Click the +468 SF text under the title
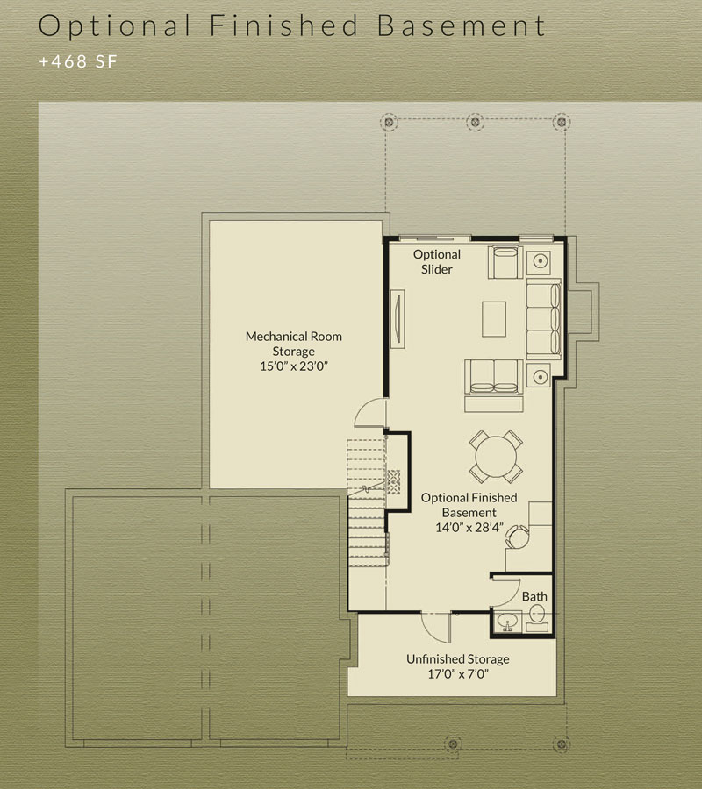pyautogui.click(x=78, y=61)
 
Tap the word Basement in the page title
pyautogui.click(x=462, y=25)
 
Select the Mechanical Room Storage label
pyautogui.click(x=294, y=344)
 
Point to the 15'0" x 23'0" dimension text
pyautogui.click(x=294, y=366)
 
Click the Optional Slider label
pyautogui.click(x=437, y=261)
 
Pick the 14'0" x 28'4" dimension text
pyautogui.click(x=469, y=528)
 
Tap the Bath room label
pyautogui.click(x=534, y=596)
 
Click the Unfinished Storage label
pyautogui.click(x=458, y=658)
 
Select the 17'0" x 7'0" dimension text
pyautogui.click(x=458, y=674)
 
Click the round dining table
pyautogui.click(x=496, y=457)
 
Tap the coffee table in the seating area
pyautogui.click(x=494, y=319)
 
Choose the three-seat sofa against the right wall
pyautogui.click(x=544, y=319)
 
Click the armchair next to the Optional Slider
pyautogui.click(x=505, y=261)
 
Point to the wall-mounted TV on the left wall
pyautogui.click(x=398, y=318)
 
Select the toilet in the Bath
pyautogui.click(x=537, y=617)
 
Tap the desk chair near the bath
pyautogui.click(x=517, y=537)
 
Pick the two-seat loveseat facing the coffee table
pyautogui.click(x=494, y=376)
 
